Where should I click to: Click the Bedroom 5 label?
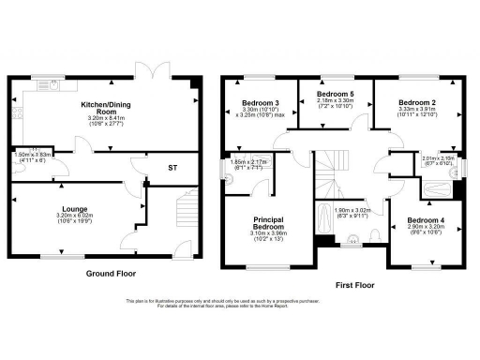coord(336,95)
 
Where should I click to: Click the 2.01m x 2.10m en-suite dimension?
coord(438,159)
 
